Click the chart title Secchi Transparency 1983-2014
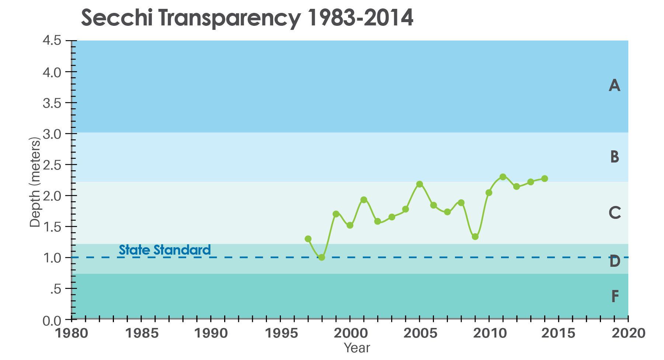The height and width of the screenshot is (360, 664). click(247, 17)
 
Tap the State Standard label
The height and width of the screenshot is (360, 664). click(164, 250)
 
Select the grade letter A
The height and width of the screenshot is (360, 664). click(614, 86)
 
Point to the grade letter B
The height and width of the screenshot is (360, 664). click(614, 157)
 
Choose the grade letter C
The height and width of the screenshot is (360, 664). click(615, 213)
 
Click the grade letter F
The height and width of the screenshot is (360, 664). click(615, 297)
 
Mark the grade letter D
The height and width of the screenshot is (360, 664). click(615, 262)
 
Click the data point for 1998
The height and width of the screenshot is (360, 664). click(321, 257)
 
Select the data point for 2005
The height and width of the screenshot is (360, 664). click(419, 184)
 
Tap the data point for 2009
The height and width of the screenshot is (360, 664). click(475, 237)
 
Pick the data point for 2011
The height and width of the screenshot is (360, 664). click(503, 177)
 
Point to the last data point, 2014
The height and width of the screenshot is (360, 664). click(545, 179)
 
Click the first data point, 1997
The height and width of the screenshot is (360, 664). click(308, 239)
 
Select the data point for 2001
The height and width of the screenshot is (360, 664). click(364, 200)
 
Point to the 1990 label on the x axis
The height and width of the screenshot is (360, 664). click(211, 333)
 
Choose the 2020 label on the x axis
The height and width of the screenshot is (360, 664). click(628, 333)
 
